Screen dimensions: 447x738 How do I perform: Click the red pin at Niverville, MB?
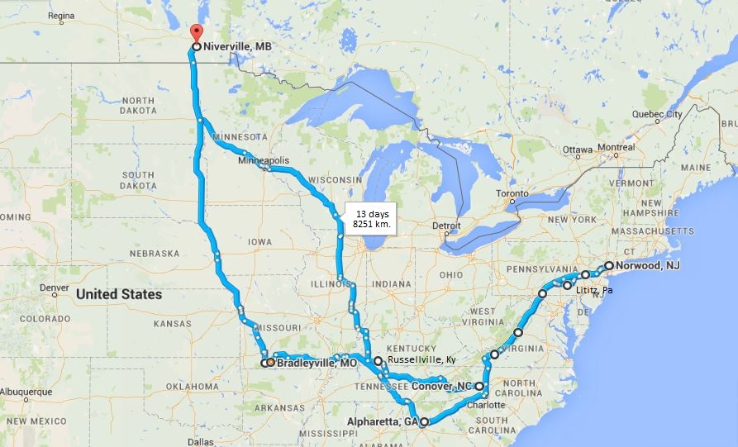196,33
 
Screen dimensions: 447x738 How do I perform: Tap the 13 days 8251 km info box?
369,219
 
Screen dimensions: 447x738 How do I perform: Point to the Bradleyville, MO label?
317,363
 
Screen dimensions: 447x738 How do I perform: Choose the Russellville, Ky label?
420,360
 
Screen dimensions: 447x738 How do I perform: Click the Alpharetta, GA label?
380,421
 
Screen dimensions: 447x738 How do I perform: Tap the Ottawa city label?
578,150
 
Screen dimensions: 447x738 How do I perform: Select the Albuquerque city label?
26,392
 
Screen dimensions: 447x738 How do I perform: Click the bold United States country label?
119,294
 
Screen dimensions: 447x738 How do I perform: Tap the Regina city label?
61,16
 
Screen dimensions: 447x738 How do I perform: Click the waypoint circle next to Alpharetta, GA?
424,422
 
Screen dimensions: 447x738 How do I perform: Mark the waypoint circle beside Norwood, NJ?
609,266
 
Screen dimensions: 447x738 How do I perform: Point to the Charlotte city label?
485,405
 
